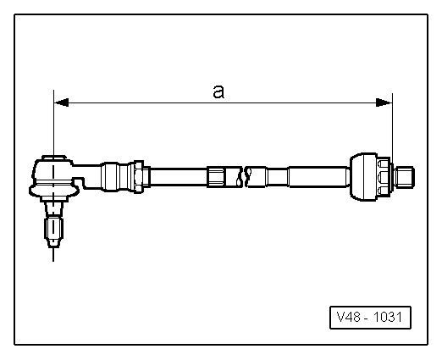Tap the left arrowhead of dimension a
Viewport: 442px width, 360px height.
pos(60,103)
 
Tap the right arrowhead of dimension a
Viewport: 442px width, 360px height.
pos(385,103)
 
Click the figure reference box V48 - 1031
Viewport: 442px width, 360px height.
pos(370,318)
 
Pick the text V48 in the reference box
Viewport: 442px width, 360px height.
pos(348,318)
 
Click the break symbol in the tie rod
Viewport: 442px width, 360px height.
pos(246,178)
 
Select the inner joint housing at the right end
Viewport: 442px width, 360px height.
pos(362,176)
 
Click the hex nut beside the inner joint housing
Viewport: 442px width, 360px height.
pos(386,176)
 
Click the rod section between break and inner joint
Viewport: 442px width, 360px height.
pos(305,177)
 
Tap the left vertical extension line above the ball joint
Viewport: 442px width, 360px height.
pos(53,127)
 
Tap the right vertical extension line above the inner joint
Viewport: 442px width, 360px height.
pos(393,127)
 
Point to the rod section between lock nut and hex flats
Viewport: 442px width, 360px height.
pos(178,177)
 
